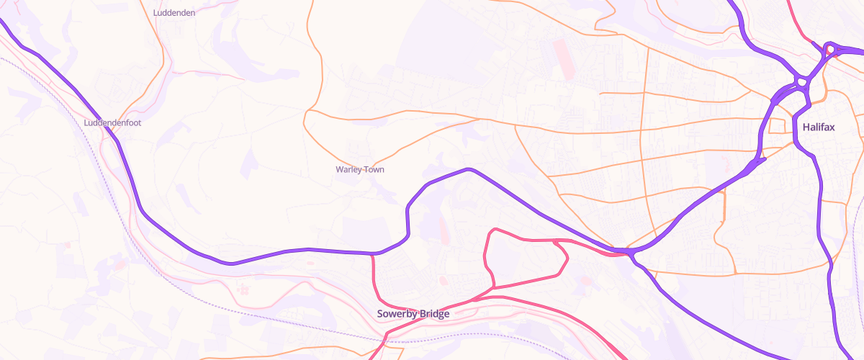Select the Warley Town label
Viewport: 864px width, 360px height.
pos(359,170)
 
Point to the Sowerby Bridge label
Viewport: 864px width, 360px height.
pos(413,314)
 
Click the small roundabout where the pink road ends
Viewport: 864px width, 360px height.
pos(830,50)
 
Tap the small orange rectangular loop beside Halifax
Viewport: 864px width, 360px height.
pos(778,126)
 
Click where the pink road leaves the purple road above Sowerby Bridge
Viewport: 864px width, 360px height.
pos(373,255)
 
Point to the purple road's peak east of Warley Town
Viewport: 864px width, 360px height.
pos(469,169)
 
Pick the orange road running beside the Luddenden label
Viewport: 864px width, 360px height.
pos(160,32)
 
